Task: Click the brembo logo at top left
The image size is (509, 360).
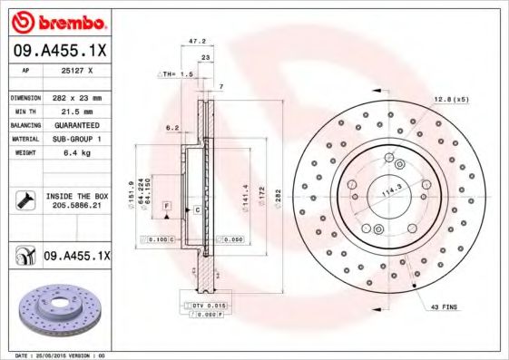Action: click(57, 21)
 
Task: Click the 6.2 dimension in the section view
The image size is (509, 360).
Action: click(171, 129)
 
